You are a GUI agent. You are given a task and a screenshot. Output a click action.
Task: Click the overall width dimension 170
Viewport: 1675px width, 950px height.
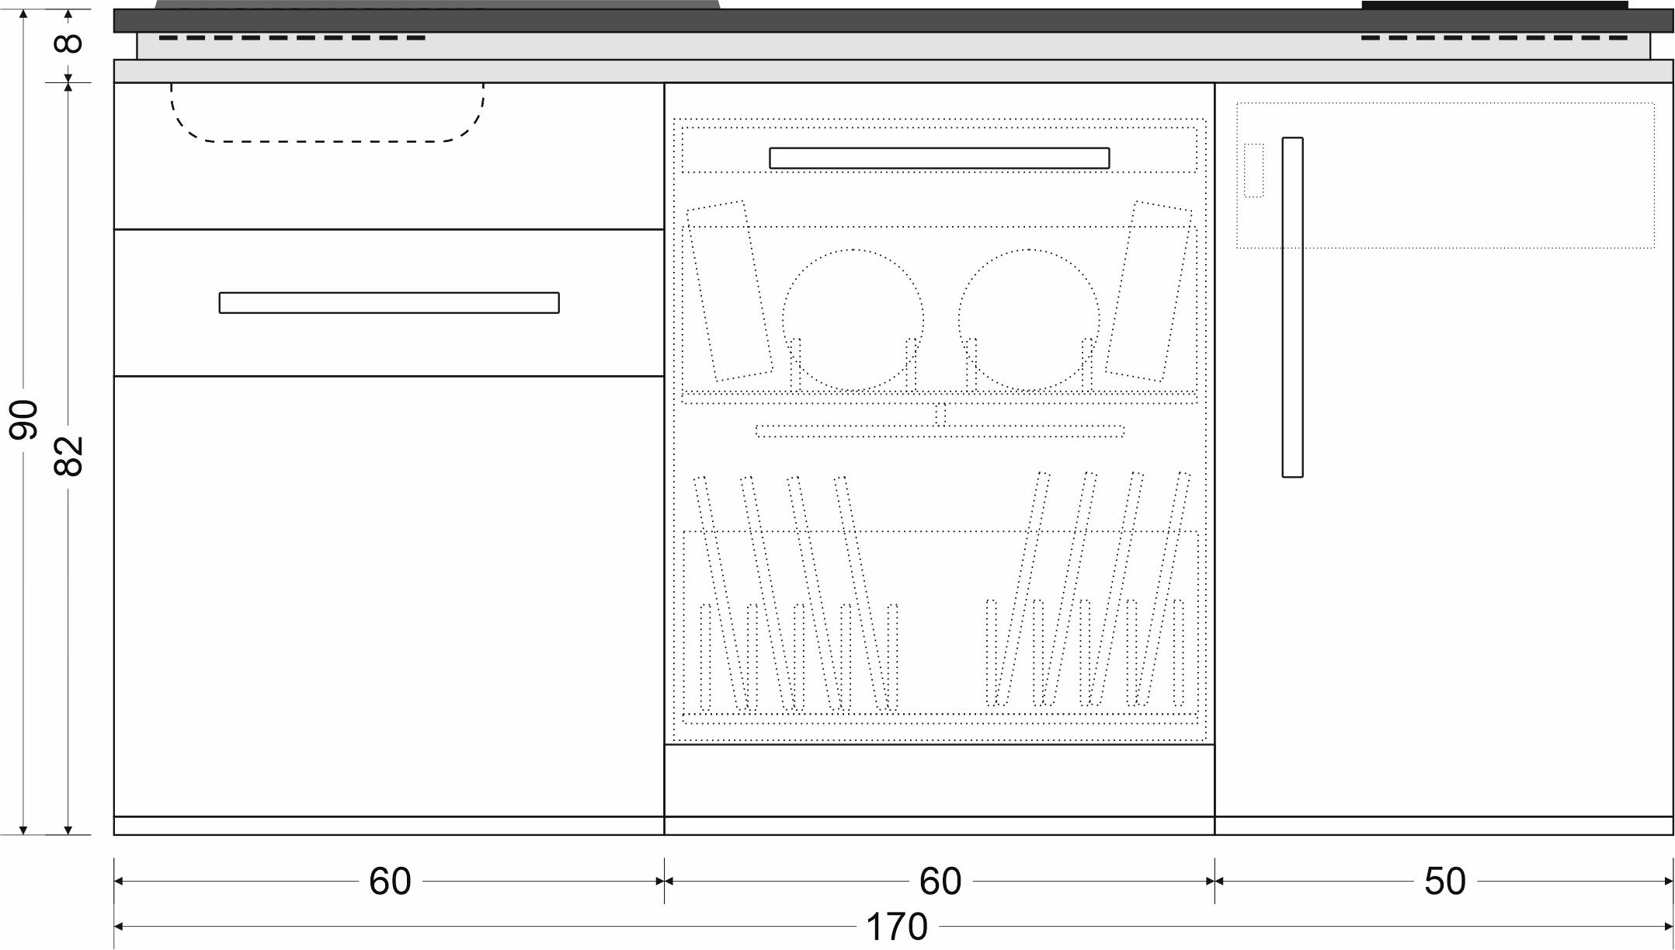click(897, 926)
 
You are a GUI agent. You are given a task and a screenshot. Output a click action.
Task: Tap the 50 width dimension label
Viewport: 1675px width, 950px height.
click(1444, 881)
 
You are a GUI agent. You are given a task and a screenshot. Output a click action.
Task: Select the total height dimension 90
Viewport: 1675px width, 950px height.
click(24, 419)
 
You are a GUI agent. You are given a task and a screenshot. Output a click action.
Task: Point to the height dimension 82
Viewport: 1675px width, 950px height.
click(68, 456)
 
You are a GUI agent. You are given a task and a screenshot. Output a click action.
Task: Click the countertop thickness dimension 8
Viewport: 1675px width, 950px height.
click(69, 42)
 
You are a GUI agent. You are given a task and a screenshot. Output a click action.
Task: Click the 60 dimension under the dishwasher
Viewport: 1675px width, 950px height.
click(940, 881)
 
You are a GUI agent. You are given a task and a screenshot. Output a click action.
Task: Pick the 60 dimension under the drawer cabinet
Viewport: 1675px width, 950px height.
click(389, 881)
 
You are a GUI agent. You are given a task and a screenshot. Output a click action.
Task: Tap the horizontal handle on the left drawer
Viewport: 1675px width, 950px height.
click(389, 302)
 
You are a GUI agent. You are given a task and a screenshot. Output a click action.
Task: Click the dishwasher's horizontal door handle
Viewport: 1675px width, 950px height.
click(940, 158)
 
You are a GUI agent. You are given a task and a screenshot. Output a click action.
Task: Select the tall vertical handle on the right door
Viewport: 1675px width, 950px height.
click(1292, 307)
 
